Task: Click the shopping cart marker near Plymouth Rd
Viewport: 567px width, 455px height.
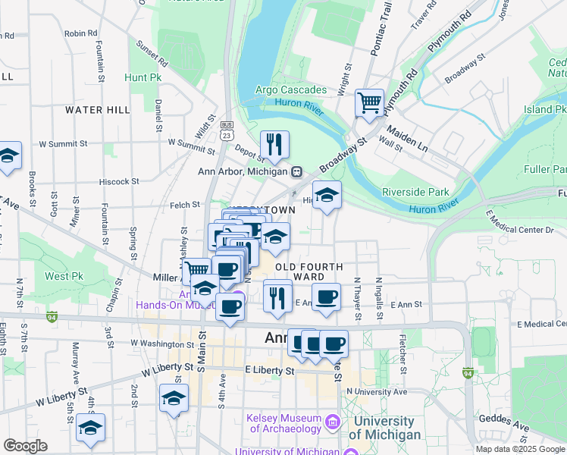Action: (x=369, y=102)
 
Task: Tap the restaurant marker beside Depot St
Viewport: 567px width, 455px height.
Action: (x=274, y=144)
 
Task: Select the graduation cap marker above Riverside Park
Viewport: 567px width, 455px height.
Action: (x=327, y=196)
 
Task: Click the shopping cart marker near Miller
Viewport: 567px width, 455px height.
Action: (x=197, y=270)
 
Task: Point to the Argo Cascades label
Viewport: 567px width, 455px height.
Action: (x=291, y=90)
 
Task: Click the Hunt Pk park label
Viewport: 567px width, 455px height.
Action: (x=143, y=77)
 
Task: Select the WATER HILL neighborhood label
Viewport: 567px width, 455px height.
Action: (x=97, y=110)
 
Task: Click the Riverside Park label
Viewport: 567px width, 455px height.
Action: (x=416, y=192)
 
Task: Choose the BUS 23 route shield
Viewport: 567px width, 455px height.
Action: (x=226, y=129)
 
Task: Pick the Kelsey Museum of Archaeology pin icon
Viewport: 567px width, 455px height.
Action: (x=332, y=421)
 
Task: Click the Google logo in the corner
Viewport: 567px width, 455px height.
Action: (x=25, y=446)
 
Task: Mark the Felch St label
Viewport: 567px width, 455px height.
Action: (x=184, y=204)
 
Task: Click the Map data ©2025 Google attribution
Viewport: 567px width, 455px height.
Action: (x=520, y=449)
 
